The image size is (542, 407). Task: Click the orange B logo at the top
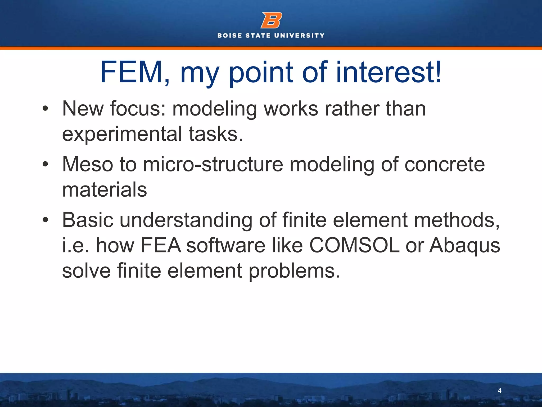[x=271, y=20]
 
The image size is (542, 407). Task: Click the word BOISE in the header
[x=229, y=36]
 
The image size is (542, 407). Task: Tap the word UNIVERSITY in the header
[x=299, y=36]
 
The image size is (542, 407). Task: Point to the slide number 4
[x=499, y=390]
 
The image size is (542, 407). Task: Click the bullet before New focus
[x=45, y=108]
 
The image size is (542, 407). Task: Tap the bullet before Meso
[x=45, y=164]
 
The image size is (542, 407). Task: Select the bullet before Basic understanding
[x=45, y=220]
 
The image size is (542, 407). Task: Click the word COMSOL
[x=354, y=245]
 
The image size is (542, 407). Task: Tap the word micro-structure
[x=213, y=164]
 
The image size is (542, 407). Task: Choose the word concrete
[x=445, y=164]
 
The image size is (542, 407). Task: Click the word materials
[x=104, y=189]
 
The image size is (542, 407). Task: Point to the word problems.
[x=294, y=271]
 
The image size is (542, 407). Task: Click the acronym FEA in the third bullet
[x=161, y=245]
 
